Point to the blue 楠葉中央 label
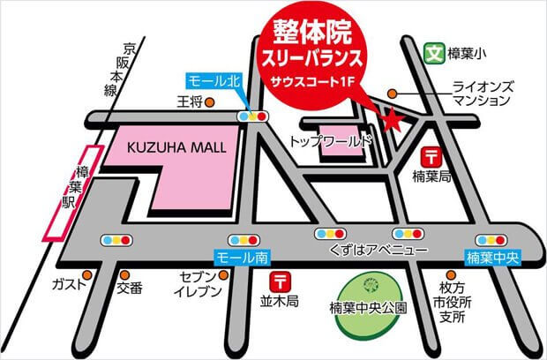(494, 259)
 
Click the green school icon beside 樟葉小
(433, 53)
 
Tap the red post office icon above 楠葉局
(432, 157)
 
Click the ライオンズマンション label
(482, 94)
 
